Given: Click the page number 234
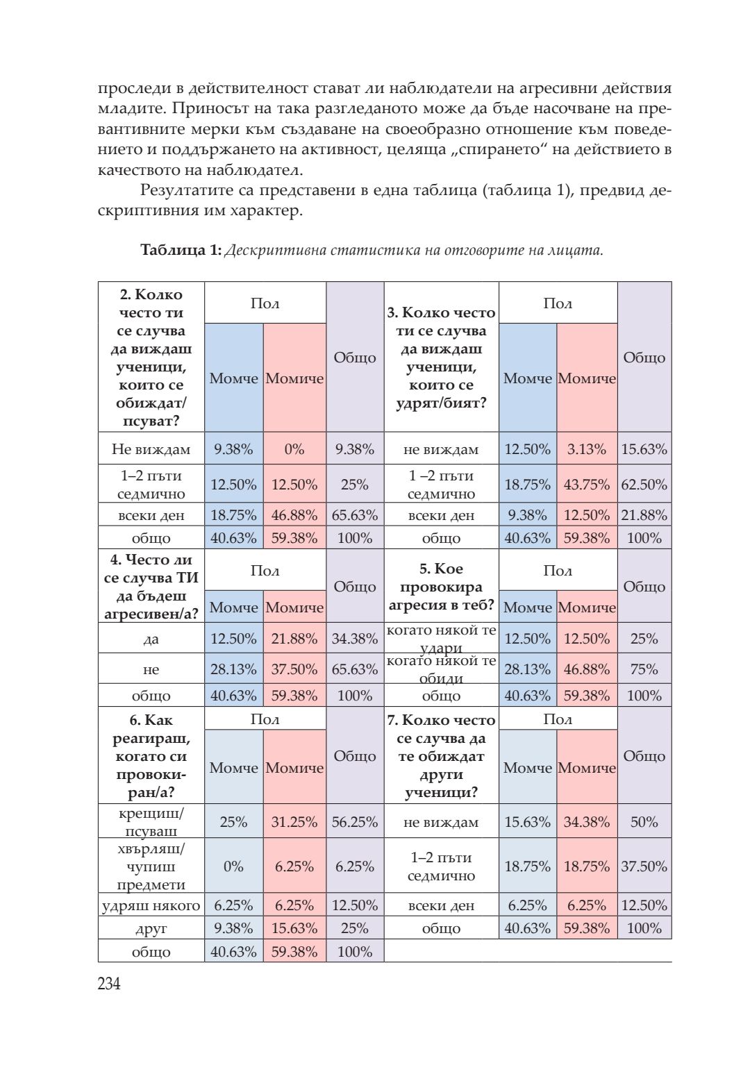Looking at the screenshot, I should coord(110,984).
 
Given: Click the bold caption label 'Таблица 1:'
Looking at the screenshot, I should coord(181,250).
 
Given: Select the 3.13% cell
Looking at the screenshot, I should coord(587,449).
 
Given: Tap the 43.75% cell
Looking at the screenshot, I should coord(587,485).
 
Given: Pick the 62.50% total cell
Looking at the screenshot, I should coord(644,485).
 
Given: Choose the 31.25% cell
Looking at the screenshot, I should coord(294,822).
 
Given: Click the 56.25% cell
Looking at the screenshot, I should coord(354,822).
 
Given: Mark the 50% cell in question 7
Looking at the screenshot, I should coord(644,822).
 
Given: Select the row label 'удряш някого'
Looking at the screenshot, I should coord(151,905).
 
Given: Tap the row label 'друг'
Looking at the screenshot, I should coord(151,929).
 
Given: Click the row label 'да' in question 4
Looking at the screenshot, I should coord(151,639).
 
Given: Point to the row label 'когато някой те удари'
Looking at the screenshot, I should coord(441,639).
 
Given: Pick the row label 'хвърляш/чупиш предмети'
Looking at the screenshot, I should coord(151,866).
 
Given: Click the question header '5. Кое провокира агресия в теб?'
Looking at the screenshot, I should coord(441,587).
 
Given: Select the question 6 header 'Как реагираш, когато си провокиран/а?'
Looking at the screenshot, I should coord(151,756).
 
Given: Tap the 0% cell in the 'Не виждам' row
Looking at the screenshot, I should coord(294,449).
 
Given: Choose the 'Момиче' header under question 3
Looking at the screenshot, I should coord(587,378).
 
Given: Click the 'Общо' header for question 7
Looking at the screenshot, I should coord(644,756).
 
